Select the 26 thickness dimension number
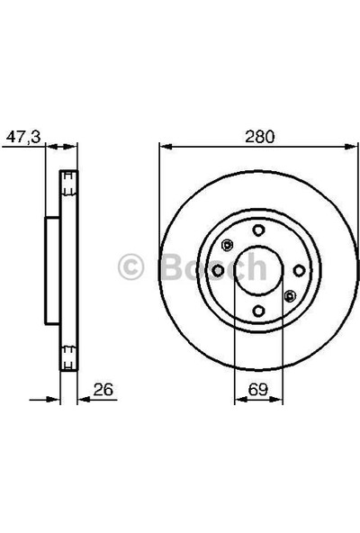pos(103,390)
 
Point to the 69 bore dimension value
pos(258,390)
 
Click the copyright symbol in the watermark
pos(131,267)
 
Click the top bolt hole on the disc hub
pos(258,230)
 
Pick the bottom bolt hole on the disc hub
pos(258,311)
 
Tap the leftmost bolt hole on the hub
pos(218,270)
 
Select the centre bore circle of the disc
pos(258,270)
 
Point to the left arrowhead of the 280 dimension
pos(164,148)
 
